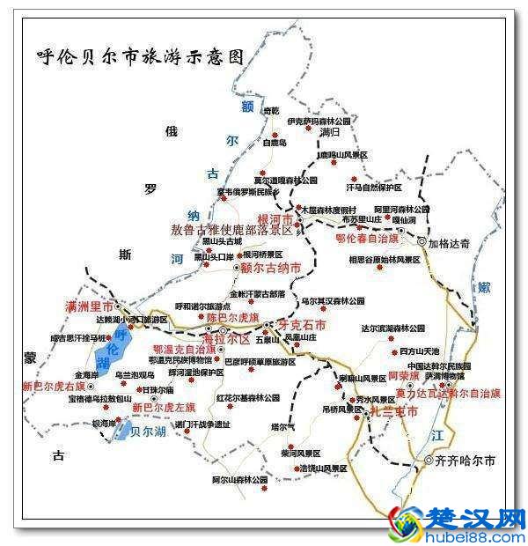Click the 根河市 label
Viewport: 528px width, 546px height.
pyautogui.click(x=275, y=217)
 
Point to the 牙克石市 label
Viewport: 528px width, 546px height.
pyautogui.click(x=302, y=325)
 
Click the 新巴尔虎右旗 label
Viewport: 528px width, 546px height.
pyautogui.click(x=54, y=386)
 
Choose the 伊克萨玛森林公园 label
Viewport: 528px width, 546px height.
pyautogui.click(x=319, y=121)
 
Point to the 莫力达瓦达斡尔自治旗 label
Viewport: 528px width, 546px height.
pyautogui.click(x=448, y=393)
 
